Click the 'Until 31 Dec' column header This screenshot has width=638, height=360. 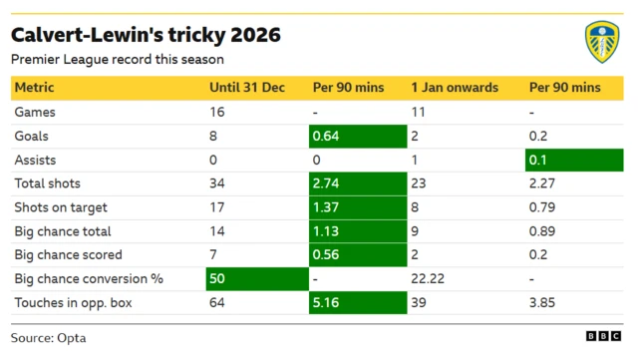[247, 88]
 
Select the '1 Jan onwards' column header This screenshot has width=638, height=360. [455, 88]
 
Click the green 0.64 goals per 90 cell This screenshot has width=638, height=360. [357, 136]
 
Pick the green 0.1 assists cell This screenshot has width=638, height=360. [574, 160]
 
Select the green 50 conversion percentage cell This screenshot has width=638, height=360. [255, 279]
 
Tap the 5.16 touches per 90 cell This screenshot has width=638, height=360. [357, 303]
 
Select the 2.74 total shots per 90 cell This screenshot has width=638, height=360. [357, 183]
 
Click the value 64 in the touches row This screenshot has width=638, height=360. [218, 303]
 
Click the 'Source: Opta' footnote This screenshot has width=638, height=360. [49, 337]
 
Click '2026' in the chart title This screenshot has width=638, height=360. [254, 36]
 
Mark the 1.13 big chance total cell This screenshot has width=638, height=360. [357, 231]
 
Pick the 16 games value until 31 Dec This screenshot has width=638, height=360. [218, 112]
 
